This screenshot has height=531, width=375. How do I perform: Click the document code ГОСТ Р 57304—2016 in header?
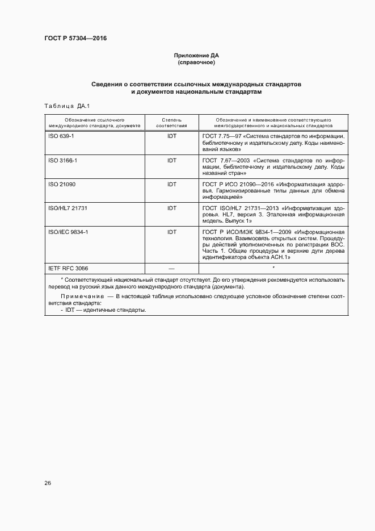[75, 39]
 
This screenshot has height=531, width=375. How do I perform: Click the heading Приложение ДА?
[196, 56]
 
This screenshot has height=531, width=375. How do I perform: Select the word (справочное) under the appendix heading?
[196, 62]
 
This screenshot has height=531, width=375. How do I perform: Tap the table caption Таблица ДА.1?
[62, 106]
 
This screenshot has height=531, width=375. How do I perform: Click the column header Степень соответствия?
[171, 123]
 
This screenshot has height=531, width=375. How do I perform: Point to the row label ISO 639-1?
[62, 137]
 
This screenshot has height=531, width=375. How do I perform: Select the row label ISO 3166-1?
[64, 161]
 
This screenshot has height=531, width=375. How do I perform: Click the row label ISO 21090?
[62, 185]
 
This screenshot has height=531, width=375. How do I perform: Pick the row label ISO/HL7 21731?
[68, 208]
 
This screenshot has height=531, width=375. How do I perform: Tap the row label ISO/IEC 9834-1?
[68, 232]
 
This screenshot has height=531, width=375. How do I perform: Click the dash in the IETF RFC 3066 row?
[171, 267]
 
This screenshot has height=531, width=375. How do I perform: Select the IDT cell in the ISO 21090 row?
[171, 185]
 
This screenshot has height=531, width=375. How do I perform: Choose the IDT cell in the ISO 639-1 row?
[171, 137]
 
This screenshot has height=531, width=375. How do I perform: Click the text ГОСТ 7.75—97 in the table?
[222, 137]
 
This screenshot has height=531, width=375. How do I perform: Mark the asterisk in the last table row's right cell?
[273, 267]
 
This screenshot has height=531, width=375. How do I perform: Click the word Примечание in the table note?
[79, 296]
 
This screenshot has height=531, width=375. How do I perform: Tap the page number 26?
[48, 483]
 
